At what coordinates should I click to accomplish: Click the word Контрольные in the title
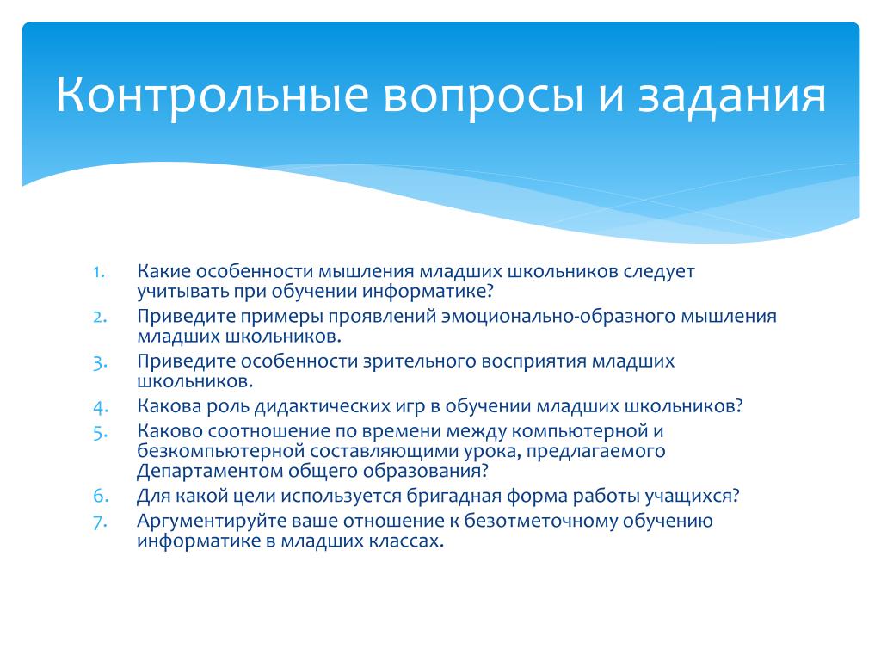pyautogui.click(x=212, y=95)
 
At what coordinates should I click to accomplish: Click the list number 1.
pyautogui.click(x=99, y=273)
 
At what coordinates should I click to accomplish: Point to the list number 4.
pyautogui.click(x=100, y=407)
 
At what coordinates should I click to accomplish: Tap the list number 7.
pyautogui.click(x=100, y=522)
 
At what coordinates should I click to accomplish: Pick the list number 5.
pyautogui.click(x=100, y=433)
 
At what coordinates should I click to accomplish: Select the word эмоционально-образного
pyautogui.click(x=558, y=317)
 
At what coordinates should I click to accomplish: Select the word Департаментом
pyautogui.click(x=210, y=471)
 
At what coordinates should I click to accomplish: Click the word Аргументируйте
pyautogui.click(x=212, y=522)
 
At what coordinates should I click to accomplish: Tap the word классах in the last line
pyautogui.click(x=406, y=541)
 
